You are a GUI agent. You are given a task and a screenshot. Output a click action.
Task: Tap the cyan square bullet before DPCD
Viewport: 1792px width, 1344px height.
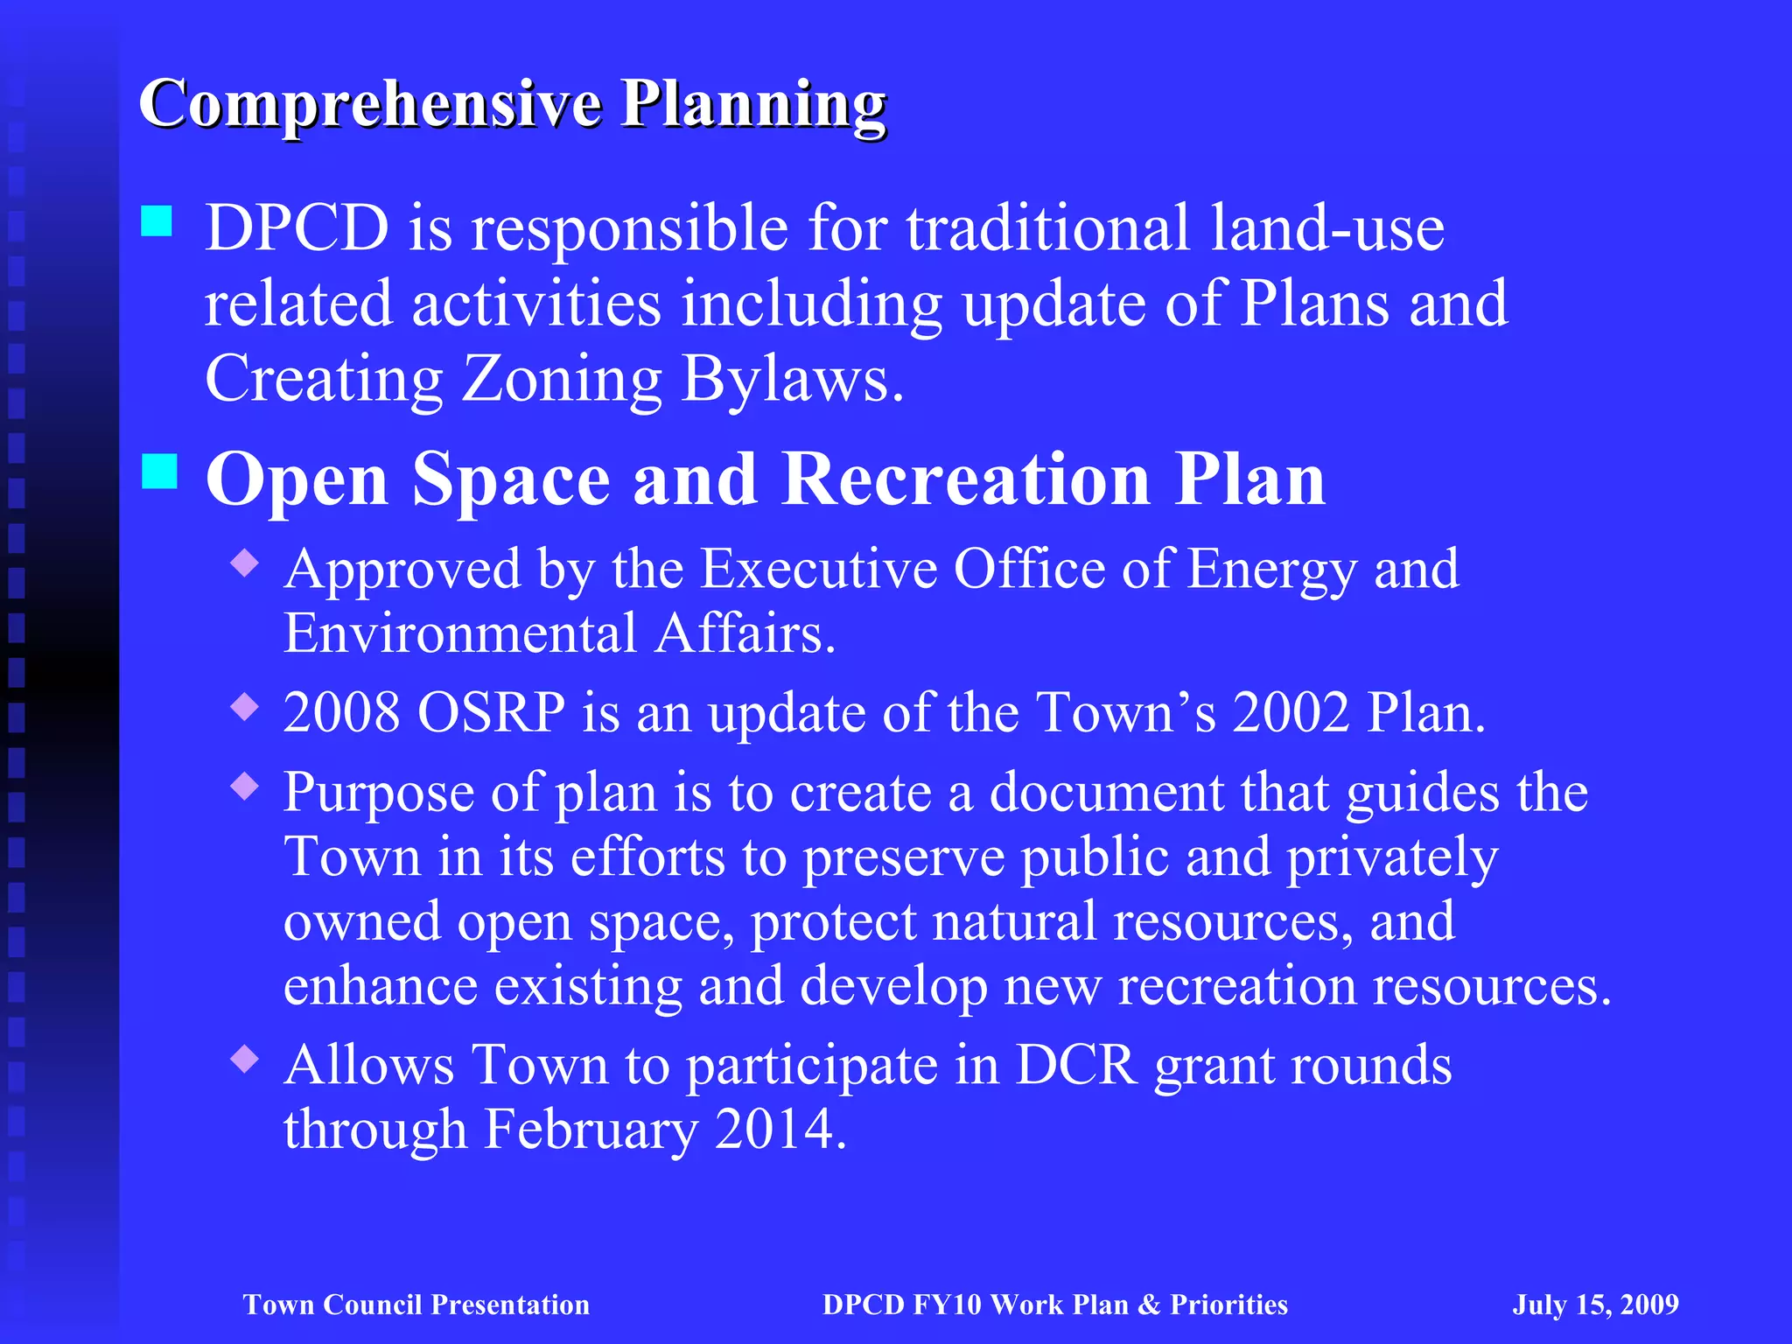pos(157,220)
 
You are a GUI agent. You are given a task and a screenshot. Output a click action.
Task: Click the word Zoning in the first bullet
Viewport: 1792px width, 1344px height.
pos(561,380)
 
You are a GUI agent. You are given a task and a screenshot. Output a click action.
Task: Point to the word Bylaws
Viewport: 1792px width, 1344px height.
pos(792,380)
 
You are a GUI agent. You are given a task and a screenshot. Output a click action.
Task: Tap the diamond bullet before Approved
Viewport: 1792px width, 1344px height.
pos(245,563)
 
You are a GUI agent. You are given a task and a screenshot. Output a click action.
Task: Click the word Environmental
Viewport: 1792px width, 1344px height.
pos(460,633)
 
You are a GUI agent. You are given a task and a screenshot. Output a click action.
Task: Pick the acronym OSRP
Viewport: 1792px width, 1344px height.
pos(492,712)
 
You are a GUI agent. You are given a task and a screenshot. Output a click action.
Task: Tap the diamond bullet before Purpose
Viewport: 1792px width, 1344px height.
pos(245,787)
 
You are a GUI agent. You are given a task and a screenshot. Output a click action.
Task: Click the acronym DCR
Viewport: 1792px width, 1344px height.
pos(1076,1065)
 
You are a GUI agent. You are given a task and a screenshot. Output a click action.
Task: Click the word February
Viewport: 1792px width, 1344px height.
pos(591,1129)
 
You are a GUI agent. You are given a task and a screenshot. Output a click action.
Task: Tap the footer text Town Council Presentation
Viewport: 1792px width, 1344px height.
pos(416,1305)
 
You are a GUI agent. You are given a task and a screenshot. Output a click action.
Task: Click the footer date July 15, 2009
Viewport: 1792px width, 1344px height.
pos(1595,1305)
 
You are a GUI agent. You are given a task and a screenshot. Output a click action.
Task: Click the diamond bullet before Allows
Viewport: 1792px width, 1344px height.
pos(245,1060)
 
